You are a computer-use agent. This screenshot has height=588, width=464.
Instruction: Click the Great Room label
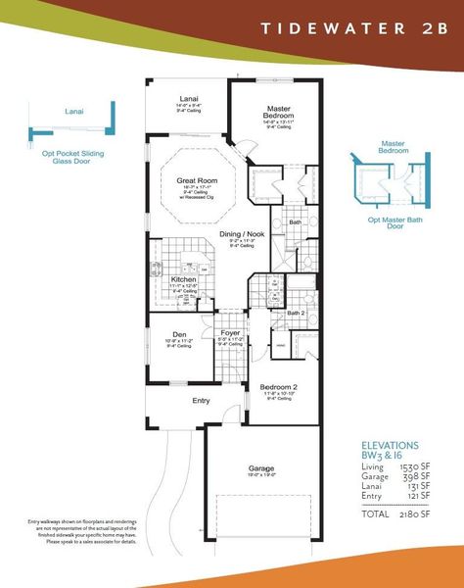coord(196,181)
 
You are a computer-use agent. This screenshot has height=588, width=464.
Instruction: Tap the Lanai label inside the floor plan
coord(190,98)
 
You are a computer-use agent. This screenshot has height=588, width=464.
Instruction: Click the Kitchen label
coord(184,278)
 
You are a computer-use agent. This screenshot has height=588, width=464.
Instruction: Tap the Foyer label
coord(231,333)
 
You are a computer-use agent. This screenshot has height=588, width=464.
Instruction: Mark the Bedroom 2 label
coord(279,388)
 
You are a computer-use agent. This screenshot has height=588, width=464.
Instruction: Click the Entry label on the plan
coord(201,401)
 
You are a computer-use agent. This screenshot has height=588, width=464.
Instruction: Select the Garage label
coord(258,468)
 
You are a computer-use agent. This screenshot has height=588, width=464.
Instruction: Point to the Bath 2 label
coord(296,313)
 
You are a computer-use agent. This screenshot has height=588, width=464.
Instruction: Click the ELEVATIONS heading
coord(391,444)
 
